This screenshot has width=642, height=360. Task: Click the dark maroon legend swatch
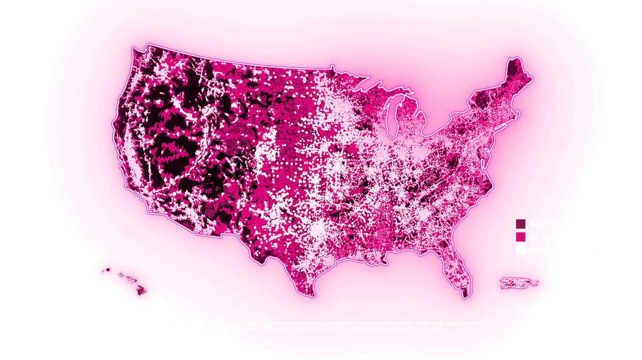coord(520,223)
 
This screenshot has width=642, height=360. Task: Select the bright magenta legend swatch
coord(520,237)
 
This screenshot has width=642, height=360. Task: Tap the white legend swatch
coord(520,250)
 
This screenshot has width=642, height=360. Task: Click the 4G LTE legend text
coord(537,223)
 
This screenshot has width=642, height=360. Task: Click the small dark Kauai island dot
coord(107,269)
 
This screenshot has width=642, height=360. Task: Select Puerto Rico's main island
coord(516,283)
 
